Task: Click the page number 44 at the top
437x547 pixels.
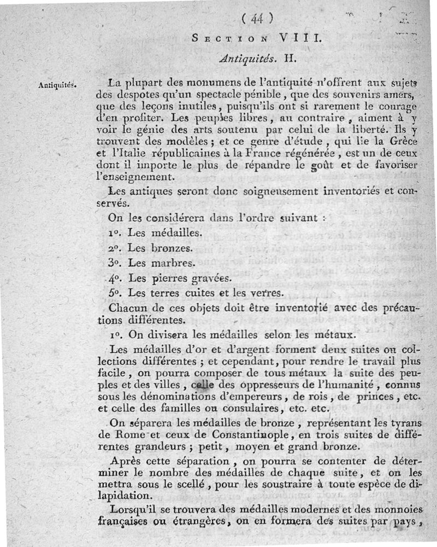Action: [257, 18]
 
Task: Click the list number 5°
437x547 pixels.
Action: [115, 292]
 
